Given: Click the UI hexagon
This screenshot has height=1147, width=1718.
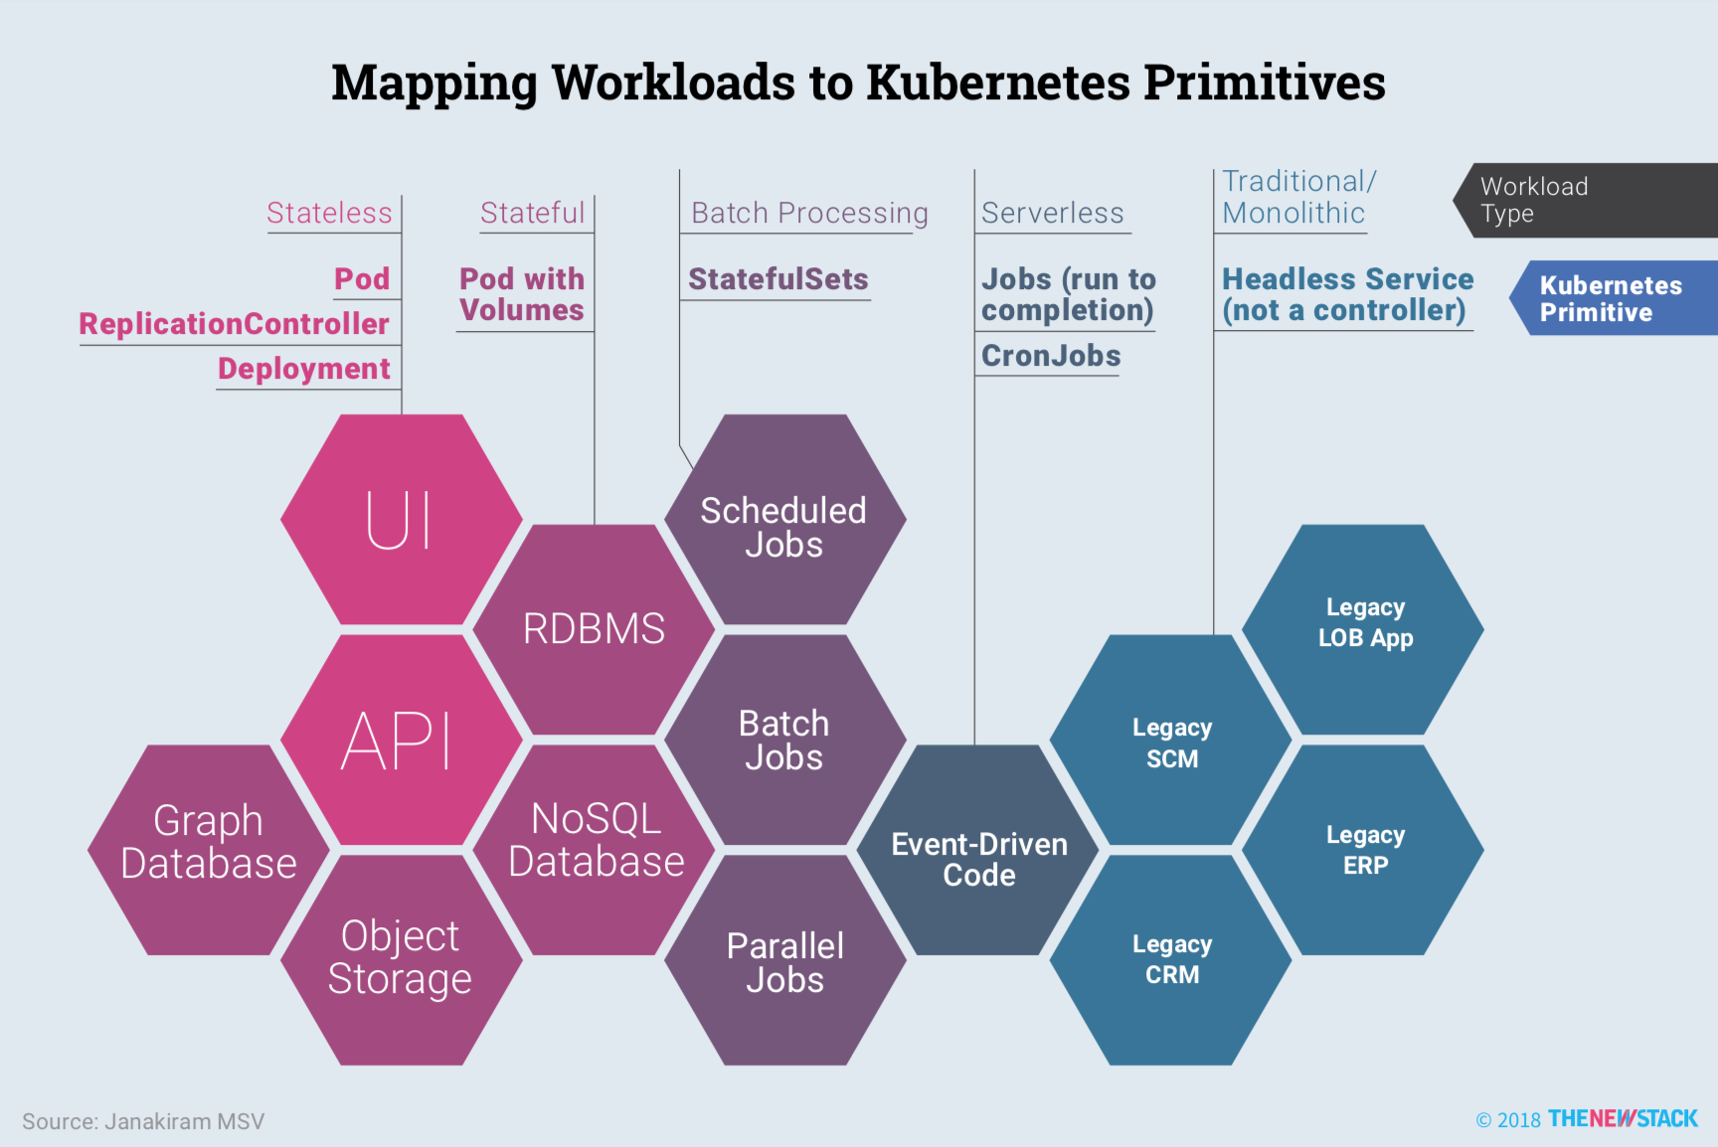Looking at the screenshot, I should pyautogui.click(x=401, y=519).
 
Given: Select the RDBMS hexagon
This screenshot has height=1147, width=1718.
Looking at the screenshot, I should pyautogui.click(x=594, y=629).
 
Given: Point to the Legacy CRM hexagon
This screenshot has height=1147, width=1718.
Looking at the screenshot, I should pyautogui.click(x=1172, y=959).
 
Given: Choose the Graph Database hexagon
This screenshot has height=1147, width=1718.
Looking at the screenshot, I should pyautogui.click(x=209, y=843).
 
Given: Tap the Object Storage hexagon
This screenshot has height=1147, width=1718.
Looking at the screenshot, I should pyautogui.click(x=401, y=957).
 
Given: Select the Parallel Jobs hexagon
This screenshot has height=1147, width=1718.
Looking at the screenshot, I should pyautogui.click(x=784, y=962).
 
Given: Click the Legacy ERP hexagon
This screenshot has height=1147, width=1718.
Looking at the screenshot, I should pyautogui.click(x=1365, y=850).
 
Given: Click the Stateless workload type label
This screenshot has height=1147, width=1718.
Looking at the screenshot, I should pyautogui.click(x=329, y=213).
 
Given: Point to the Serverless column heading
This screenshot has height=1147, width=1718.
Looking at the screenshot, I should pyautogui.click(x=1052, y=213).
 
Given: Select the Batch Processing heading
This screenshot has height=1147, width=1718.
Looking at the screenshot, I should pyautogui.click(x=809, y=213).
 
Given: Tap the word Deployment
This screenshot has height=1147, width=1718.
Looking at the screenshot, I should pyautogui.click(x=304, y=369).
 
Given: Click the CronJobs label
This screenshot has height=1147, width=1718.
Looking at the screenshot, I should pyautogui.click(x=1051, y=356).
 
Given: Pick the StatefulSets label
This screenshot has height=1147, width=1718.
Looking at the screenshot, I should pyautogui.click(x=778, y=279).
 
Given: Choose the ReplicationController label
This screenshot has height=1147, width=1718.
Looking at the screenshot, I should pyautogui.click(x=235, y=324).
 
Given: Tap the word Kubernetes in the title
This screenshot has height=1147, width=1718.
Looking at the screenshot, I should pyautogui.click(x=998, y=82).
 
